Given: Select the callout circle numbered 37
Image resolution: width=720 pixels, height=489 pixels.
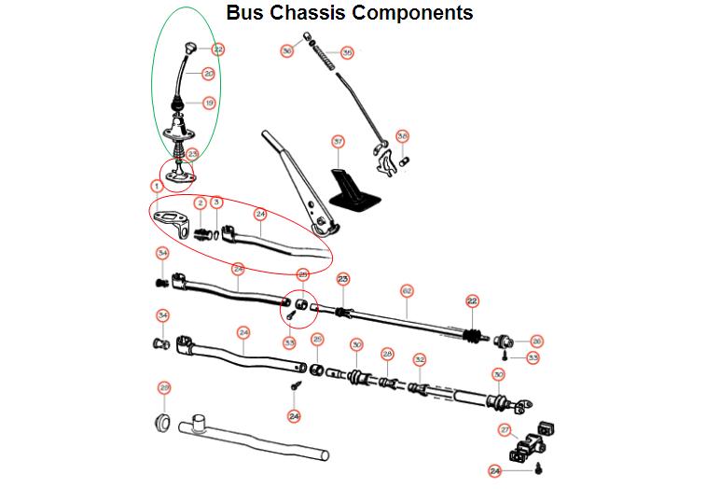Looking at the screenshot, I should tap(339, 142).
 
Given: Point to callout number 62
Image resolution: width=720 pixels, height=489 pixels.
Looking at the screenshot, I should tap(407, 291).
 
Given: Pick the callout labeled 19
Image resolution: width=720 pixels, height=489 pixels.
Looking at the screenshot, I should tap(208, 103).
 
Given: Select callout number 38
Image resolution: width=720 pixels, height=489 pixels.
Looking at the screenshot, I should tap(403, 135).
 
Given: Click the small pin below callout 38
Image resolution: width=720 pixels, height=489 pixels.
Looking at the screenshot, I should tap(405, 160).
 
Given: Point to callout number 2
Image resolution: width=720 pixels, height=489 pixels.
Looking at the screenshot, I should tap(200, 203).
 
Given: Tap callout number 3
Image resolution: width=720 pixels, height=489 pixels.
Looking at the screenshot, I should tap(216, 203).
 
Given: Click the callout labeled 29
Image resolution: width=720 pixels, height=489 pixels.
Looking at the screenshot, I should tap(164, 387).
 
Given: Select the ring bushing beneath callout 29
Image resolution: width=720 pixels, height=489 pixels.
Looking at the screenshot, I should tap(161, 422).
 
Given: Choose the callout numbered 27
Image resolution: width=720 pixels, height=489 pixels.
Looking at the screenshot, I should tap(505, 430).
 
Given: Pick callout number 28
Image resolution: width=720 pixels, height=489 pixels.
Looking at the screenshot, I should tap(387, 355).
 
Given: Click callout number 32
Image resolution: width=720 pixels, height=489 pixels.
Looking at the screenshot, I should tap(420, 359).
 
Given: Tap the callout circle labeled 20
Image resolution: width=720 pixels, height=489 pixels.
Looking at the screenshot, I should tap(208, 73).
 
